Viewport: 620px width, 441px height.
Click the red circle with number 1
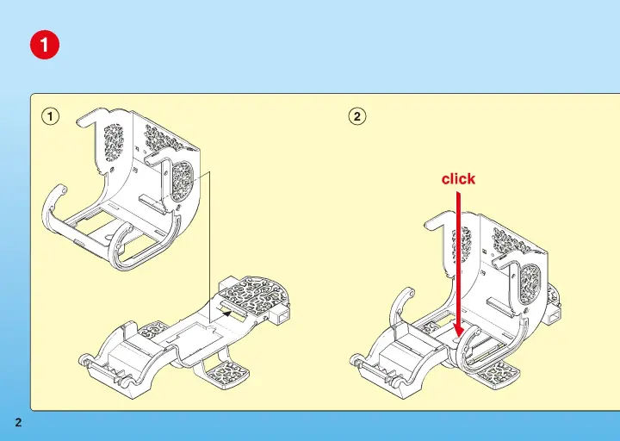pyautogui.click(x=45, y=45)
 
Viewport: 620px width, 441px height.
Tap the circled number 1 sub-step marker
pyautogui.click(x=50, y=116)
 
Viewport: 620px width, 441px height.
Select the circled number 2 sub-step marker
pyautogui.click(x=357, y=116)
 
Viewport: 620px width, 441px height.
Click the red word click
pyautogui.click(x=458, y=179)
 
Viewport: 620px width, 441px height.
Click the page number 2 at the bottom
pyautogui.click(x=18, y=422)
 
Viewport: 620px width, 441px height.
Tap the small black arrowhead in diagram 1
pyautogui.click(x=227, y=314)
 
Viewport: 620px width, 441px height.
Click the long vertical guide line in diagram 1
pyautogui.click(x=210, y=246)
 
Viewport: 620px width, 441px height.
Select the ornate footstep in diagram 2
pyautogui.click(x=499, y=374)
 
